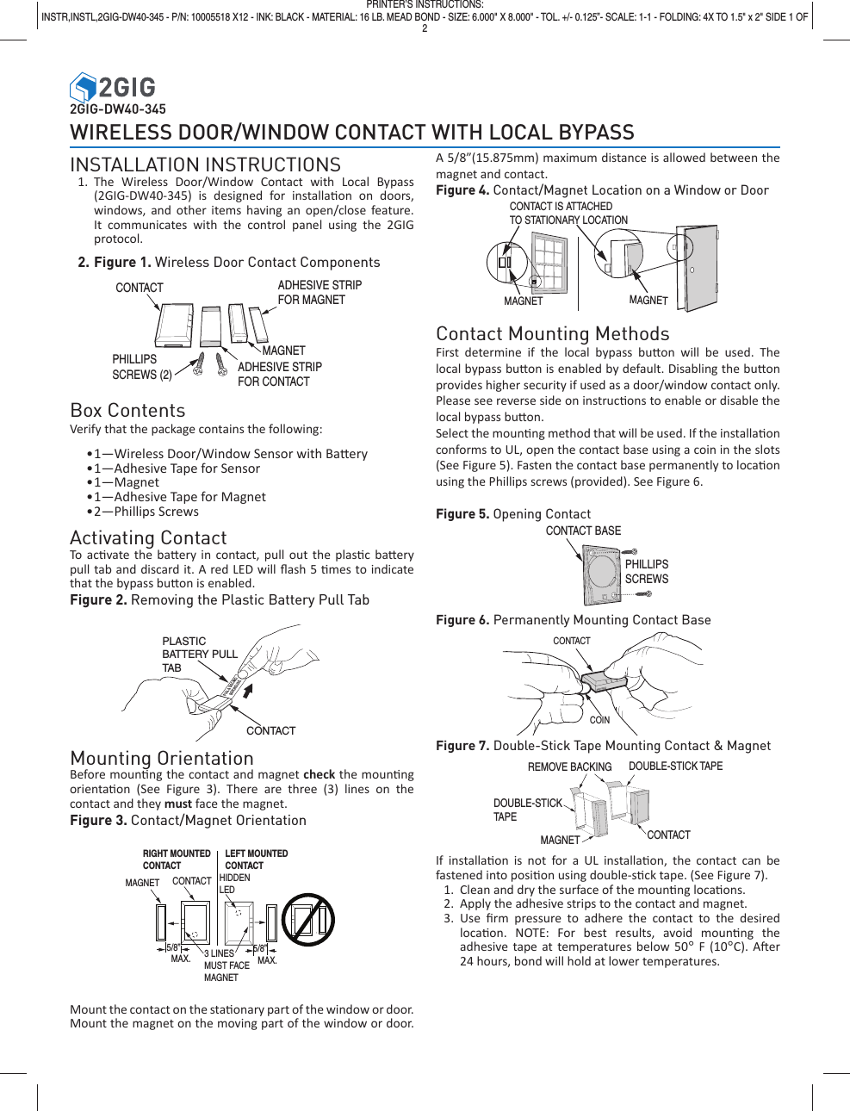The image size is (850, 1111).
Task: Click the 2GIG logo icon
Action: click(83, 87)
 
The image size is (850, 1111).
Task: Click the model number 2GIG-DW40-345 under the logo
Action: click(117, 109)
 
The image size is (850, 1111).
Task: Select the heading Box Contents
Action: click(127, 411)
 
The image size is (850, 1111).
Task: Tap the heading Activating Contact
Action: click(148, 537)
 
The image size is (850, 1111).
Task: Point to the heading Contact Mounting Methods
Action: click(552, 334)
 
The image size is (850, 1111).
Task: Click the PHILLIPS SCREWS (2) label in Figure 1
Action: click(141, 367)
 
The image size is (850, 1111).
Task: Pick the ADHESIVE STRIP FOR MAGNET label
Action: click(320, 292)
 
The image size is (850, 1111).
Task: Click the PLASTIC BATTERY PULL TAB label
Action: click(198, 655)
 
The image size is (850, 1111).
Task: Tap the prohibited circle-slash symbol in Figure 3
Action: click(308, 919)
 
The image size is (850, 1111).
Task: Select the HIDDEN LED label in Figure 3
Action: click(234, 884)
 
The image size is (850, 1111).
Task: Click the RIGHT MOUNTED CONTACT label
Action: click(176, 860)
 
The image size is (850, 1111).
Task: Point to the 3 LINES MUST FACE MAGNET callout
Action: click(226, 965)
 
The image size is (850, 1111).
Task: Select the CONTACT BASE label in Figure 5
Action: click(583, 531)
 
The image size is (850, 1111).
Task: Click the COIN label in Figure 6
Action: click(599, 720)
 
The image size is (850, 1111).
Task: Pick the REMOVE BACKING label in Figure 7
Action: click(569, 767)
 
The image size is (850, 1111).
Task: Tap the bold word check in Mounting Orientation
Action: click(319, 774)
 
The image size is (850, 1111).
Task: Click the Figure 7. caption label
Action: click(462, 746)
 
